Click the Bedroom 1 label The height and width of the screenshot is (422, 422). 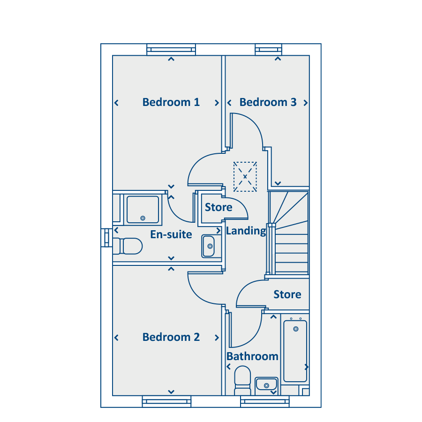pos(171,102)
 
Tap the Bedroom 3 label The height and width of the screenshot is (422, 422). pos(268,102)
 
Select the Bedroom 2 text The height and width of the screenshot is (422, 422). pos(171,337)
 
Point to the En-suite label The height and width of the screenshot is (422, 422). pos(171,234)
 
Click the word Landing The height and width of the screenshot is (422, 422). pos(246,231)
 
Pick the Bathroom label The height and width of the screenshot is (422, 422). pos(252,356)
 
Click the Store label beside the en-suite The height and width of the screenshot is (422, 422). pos(218,207)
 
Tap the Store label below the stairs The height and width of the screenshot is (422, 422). pos(287,294)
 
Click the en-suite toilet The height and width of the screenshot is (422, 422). pos(127,246)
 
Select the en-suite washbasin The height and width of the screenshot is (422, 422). pos(208,246)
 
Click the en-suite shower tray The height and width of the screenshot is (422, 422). pos(143,210)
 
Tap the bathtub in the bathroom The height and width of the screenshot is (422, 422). pos(295,351)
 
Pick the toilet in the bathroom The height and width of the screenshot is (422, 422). pos(242,380)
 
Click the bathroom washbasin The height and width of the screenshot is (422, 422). pos(266,384)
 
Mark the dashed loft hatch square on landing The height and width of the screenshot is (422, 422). pos(245,177)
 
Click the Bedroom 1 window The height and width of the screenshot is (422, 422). pos(171,50)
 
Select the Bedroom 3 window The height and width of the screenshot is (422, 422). pos(269,50)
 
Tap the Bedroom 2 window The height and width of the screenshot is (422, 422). pos(166,401)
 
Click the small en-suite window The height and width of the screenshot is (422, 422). pos(106,238)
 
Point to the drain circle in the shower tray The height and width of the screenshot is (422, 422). pos(143,218)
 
